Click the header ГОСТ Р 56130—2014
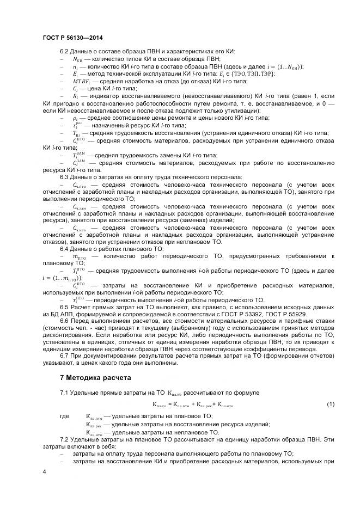(72, 38)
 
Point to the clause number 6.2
(64, 51)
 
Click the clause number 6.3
(64, 177)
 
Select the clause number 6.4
(64, 248)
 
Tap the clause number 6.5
(64, 307)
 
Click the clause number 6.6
(64, 322)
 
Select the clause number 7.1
(64, 393)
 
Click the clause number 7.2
(64, 439)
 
